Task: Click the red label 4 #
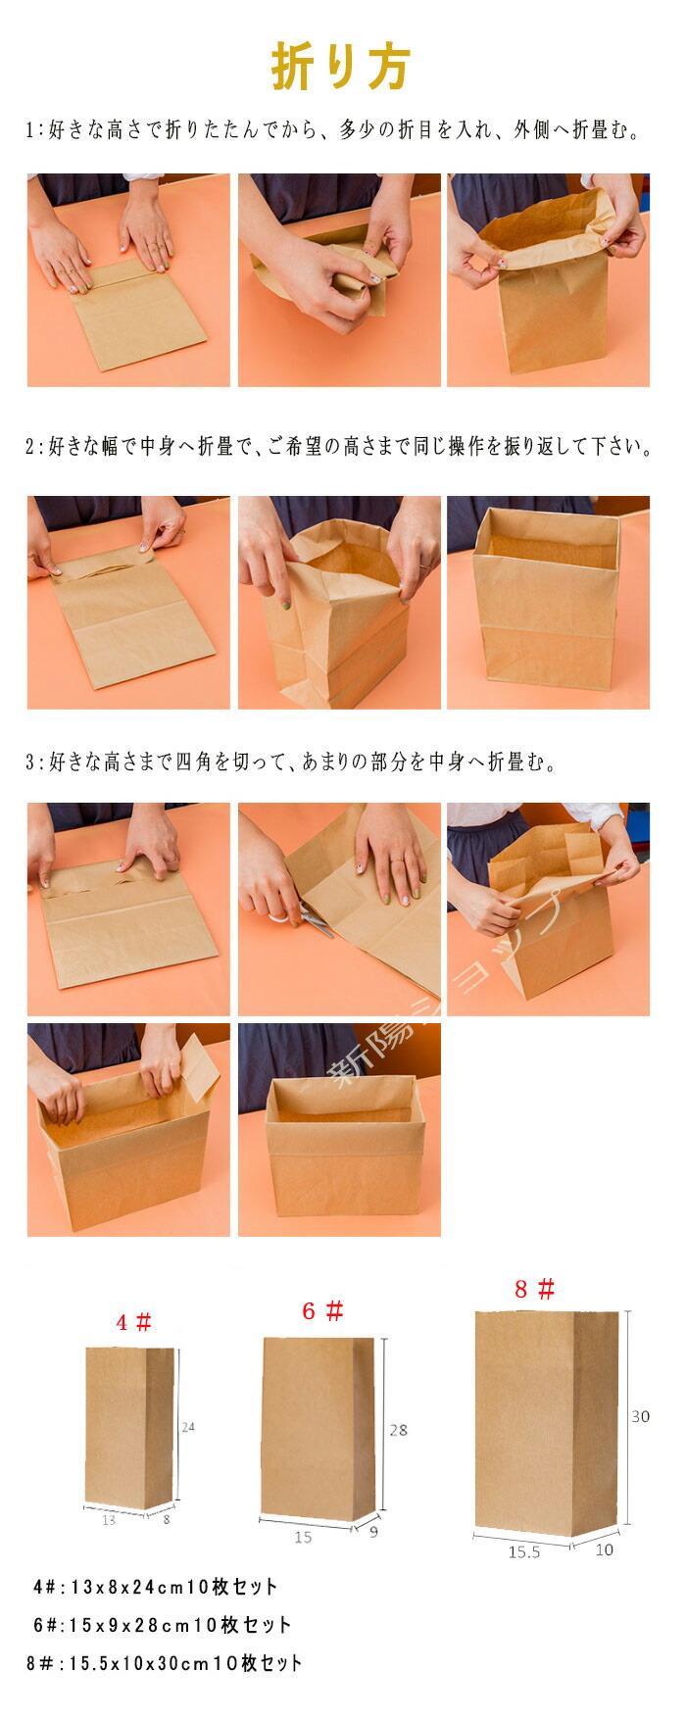[134, 1322]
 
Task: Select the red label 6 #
[322, 1310]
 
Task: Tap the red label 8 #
[535, 1288]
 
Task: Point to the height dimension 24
[188, 1427]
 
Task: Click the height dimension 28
[398, 1430]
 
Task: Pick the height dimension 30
[640, 1416]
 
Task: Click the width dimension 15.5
[524, 1552]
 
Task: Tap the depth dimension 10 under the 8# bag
[604, 1549]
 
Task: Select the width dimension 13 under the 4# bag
[108, 1520]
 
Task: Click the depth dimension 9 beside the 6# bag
[373, 1531]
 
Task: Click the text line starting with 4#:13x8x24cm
[155, 1587]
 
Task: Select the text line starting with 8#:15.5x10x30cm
[165, 1663]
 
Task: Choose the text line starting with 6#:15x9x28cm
[162, 1625]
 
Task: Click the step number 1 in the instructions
[29, 130]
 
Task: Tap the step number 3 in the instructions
[30, 762]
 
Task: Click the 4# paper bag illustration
[129, 1428]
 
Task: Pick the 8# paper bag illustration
[547, 1424]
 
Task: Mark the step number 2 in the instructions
[30, 447]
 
